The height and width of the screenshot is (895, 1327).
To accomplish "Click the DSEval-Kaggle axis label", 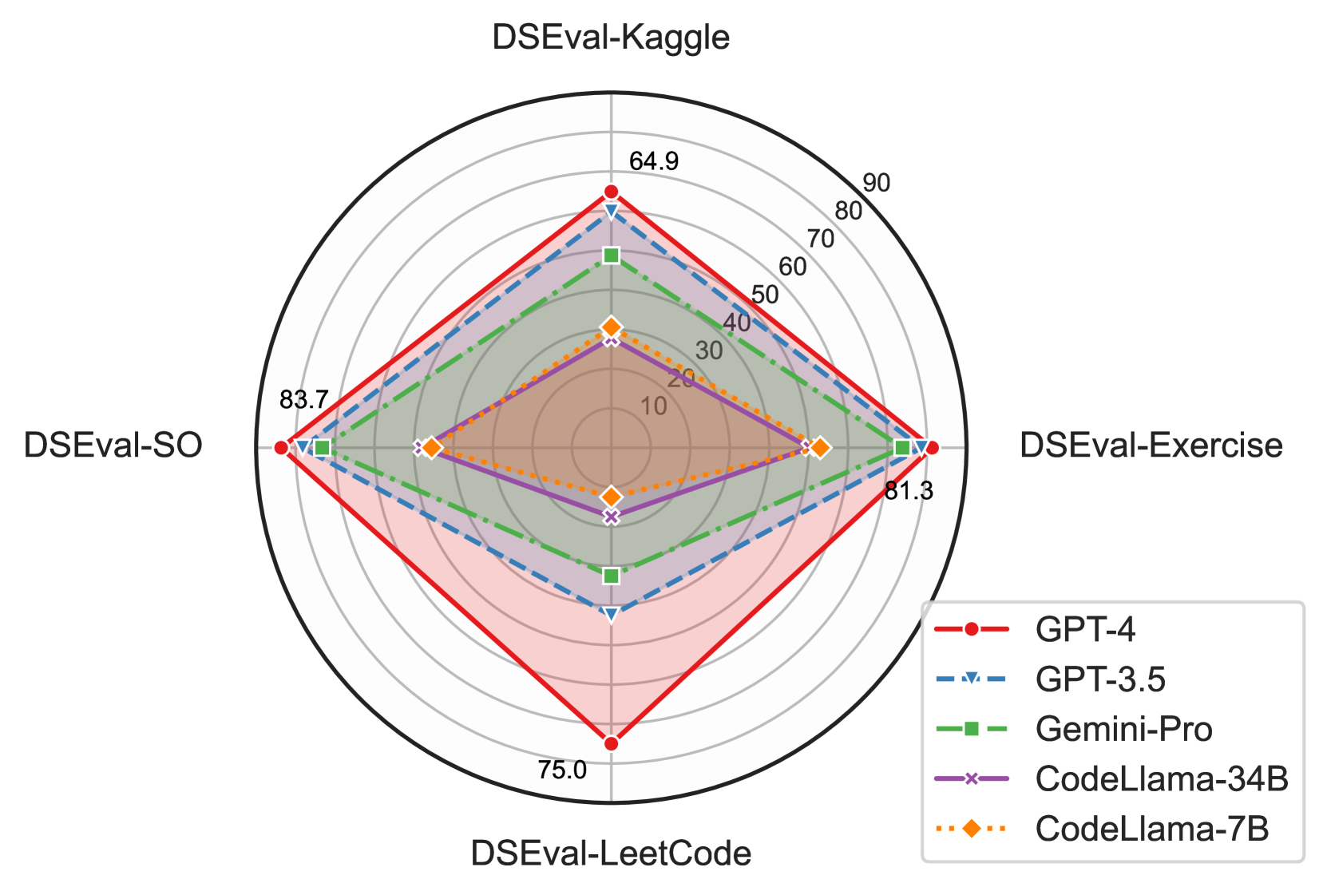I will (x=611, y=38).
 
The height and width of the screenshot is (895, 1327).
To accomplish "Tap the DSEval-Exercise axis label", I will (x=1151, y=446).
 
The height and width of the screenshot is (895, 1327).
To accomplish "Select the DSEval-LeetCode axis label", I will (x=611, y=853).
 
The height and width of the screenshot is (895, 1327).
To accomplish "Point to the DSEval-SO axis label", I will (x=113, y=446).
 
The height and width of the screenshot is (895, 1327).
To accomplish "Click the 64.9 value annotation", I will (x=654, y=162).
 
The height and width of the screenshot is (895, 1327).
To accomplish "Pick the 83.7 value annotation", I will (x=303, y=399).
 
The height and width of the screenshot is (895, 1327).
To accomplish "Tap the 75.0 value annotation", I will (x=562, y=770).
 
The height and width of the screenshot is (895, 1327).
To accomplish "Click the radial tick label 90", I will (x=876, y=184).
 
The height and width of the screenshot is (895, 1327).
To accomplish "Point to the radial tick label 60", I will (x=792, y=267).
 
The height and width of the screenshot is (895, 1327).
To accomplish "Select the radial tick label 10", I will (x=654, y=406).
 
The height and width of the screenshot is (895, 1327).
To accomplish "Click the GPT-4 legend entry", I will (x=1085, y=630).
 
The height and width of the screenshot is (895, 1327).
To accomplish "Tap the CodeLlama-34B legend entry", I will (x=1161, y=779).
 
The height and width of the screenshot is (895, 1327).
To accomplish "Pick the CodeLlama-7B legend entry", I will (x=1151, y=830).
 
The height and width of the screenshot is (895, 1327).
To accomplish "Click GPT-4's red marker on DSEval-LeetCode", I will (x=611, y=743).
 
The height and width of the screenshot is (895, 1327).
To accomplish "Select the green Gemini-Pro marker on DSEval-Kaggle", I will (x=611, y=255).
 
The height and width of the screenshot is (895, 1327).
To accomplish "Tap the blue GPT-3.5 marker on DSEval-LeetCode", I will (x=611, y=614).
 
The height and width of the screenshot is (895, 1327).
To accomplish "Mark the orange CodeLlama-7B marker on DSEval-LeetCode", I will (x=611, y=497).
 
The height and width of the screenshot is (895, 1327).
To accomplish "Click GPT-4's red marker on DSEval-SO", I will (x=281, y=447).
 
